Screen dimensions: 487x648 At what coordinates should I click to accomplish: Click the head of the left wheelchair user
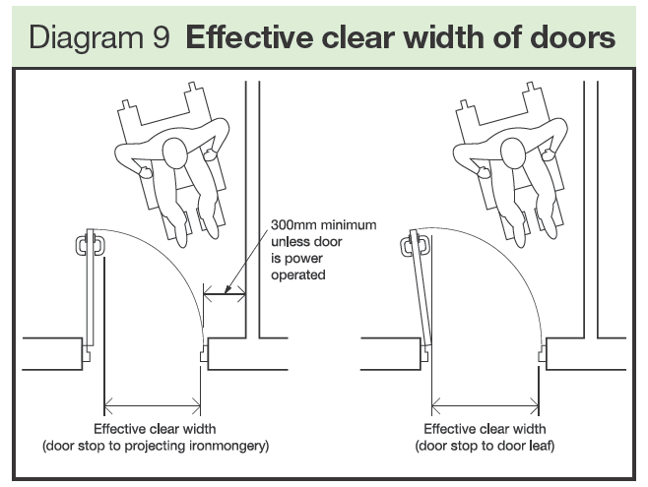coord(174,153)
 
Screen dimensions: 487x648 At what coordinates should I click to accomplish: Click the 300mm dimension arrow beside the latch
coord(224,290)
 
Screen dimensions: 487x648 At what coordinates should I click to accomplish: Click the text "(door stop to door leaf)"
coord(485,446)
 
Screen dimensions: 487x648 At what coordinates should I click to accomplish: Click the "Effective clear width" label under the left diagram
coord(155,429)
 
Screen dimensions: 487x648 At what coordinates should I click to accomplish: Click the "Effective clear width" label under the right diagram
coord(485,429)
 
